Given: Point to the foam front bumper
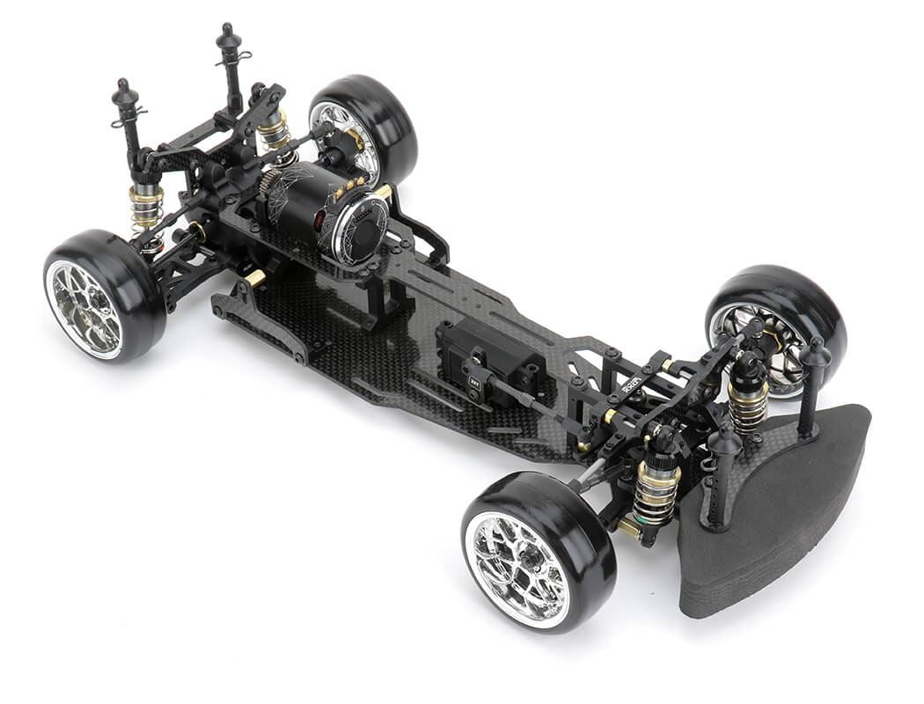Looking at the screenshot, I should tap(774, 510).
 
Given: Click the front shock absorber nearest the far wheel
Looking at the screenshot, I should tap(748, 396).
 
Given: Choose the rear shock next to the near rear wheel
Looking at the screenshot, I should tap(146, 207).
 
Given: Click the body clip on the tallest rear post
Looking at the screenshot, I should tap(238, 56).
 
